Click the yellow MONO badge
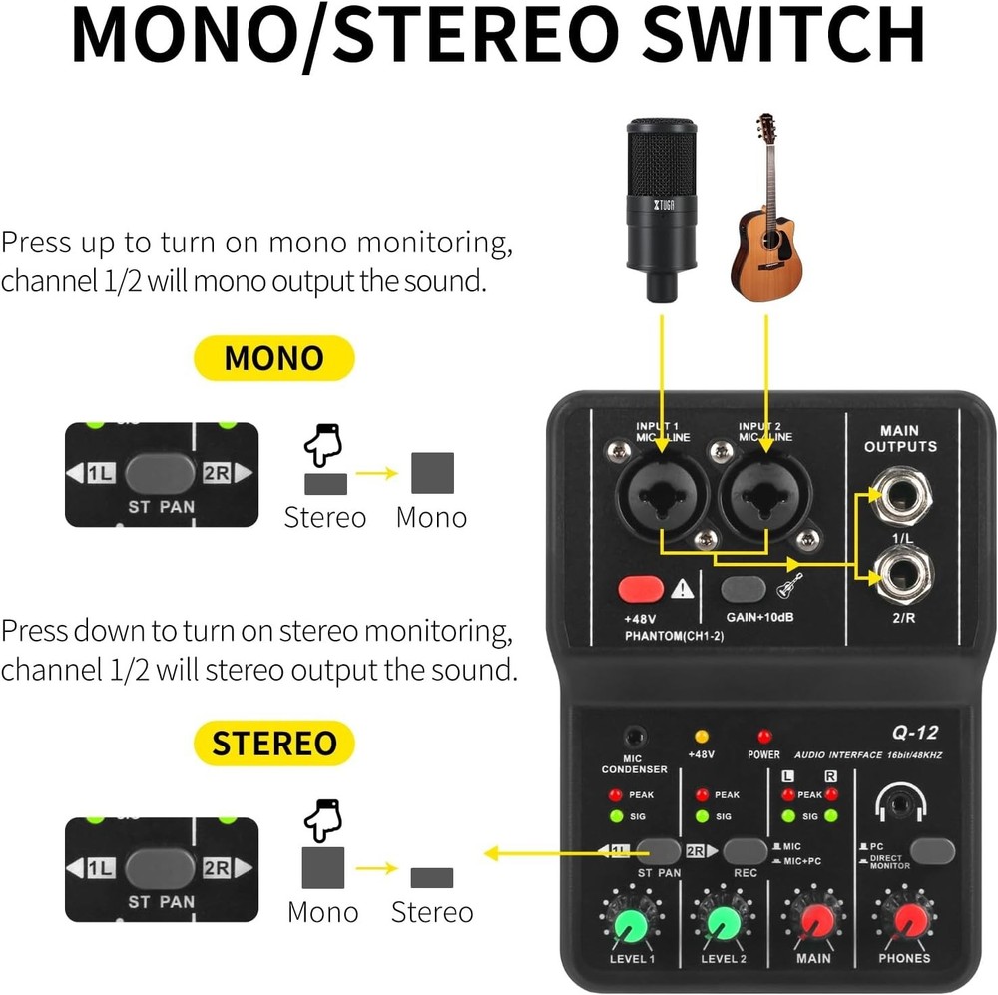273,358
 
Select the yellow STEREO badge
273,744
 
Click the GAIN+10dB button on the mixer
744,589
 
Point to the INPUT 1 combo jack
661,493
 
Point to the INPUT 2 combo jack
765,493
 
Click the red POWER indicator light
764,737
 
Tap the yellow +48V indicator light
702,737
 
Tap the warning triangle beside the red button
683,589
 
